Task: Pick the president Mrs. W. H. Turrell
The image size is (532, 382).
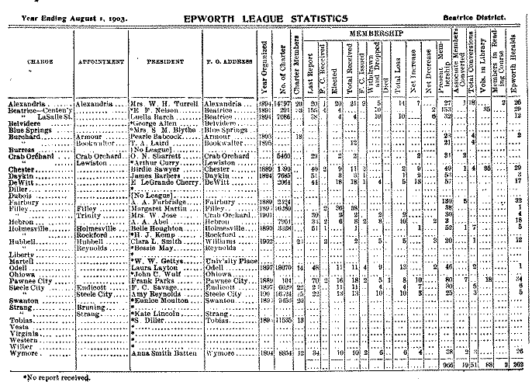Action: coord(161,102)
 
